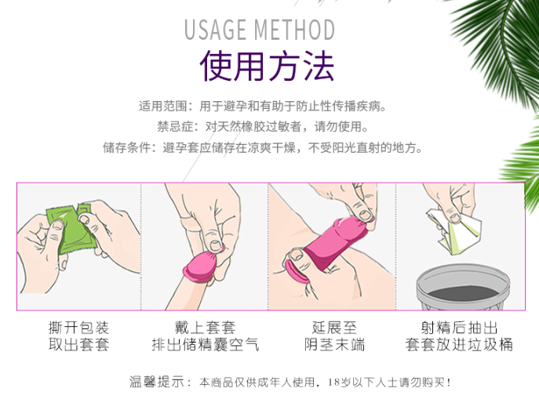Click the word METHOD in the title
pyautogui.click(x=295, y=30)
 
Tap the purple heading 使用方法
pyautogui.click(x=267, y=67)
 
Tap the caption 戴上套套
pyautogui.click(x=205, y=328)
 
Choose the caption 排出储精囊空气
pyautogui.click(x=205, y=346)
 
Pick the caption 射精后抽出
pyautogui.click(x=459, y=328)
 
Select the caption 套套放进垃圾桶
pyautogui.click(x=459, y=346)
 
